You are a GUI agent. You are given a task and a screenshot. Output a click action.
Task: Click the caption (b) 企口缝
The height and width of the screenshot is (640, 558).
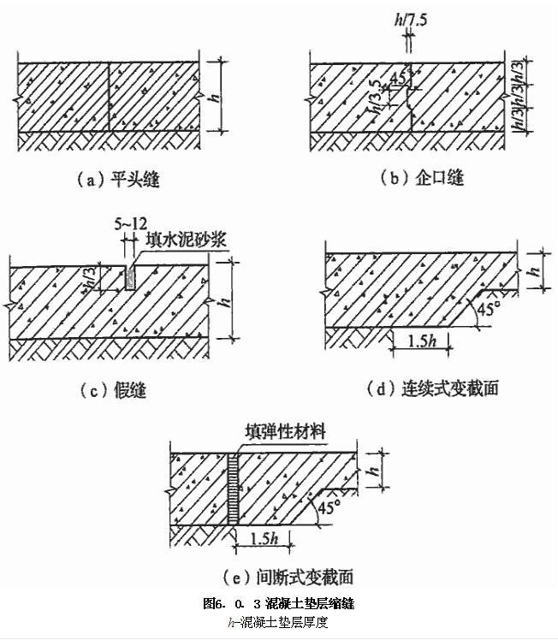421,178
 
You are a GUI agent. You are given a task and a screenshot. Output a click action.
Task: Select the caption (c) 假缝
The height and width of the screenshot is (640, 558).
112,391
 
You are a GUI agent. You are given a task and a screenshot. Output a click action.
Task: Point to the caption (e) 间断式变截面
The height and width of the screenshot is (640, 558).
269,576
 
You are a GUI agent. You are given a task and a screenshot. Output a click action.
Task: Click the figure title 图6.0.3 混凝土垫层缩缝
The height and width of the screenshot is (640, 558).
278,604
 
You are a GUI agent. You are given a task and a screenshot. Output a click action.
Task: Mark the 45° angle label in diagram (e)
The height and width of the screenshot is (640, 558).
329,507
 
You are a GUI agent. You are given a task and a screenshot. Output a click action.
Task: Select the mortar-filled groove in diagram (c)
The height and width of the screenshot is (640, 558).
128,276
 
